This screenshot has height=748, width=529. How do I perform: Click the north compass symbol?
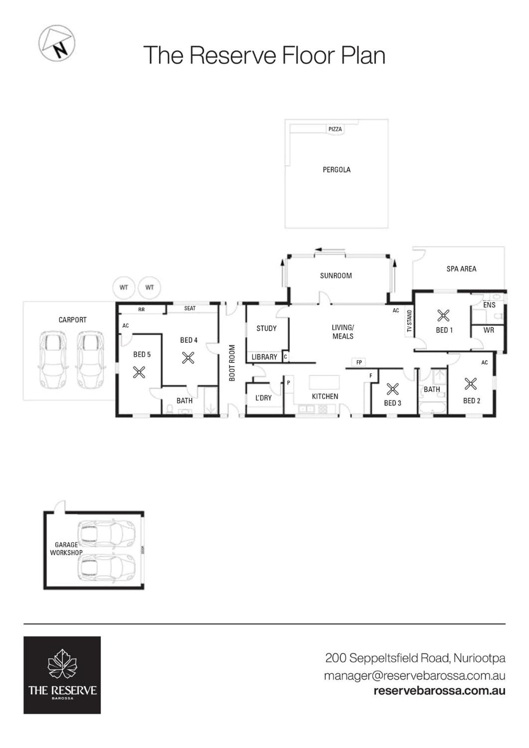[x=57, y=43]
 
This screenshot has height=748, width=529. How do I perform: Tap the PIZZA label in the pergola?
[x=335, y=129]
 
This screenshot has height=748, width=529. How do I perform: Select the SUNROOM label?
[x=336, y=276]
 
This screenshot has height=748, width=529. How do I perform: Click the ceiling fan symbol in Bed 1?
[x=443, y=315]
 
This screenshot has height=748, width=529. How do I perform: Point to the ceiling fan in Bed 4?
[x=188, y=358]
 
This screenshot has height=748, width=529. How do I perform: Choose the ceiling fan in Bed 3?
[x=392, y=389]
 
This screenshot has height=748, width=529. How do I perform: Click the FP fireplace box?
[x=359, y=362]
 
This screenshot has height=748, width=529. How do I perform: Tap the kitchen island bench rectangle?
[x=324, y=382]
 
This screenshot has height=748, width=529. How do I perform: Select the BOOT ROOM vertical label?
[x=232, y=363]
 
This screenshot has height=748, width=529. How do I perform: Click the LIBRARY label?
[x=264, y=357]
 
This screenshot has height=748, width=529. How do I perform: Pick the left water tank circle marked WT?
[x=124, y=287]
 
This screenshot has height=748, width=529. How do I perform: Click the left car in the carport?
[x=53, y=360]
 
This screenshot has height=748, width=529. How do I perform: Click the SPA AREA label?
[x=461, y=269]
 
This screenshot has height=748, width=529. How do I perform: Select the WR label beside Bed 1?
[x=489, y=330]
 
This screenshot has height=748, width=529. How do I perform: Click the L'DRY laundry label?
[x=263, y=398]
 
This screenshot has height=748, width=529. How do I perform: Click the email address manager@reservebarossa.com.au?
[x=415, y=676]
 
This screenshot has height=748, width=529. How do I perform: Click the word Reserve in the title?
[x=232, y=55]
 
